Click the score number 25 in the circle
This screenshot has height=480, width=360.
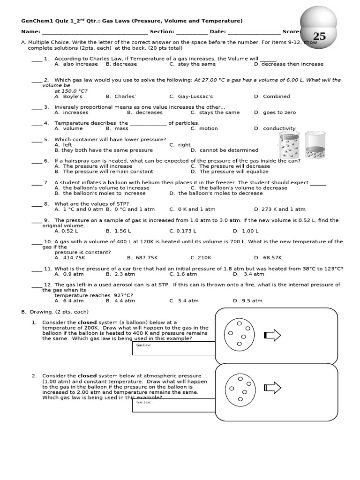coord(319,37)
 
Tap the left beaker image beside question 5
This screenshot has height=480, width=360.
coord(290,145)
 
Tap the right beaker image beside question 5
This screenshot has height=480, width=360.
coord(315,145)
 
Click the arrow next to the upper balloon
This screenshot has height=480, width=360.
coord(272,335)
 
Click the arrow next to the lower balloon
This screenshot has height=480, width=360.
coord(272,388)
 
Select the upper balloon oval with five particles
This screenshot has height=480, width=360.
coord(240,334)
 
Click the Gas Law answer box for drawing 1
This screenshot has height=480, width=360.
coord(173,348)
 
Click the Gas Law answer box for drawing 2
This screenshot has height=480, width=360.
coord(173,405)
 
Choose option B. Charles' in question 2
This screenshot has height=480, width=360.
coord(121,97)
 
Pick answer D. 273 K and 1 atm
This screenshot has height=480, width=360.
coord(279,210)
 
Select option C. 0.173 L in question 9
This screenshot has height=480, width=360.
coord(183,231)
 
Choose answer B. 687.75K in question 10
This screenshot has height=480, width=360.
coord(142,258)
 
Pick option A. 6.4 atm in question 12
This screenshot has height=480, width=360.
coord(69,301)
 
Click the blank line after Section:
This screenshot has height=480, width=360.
coord(192,32)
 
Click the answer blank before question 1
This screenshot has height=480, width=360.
coord(37,60)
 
